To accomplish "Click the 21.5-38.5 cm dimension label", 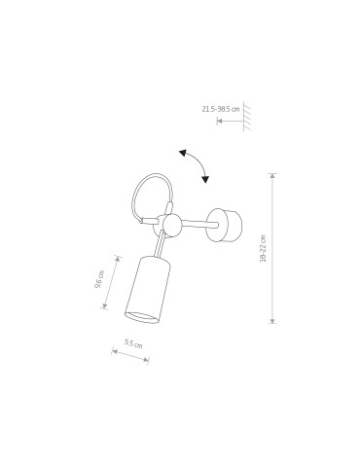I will coord(221,109).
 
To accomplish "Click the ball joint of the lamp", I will coord(172,227).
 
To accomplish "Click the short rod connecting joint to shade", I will coord(162,245).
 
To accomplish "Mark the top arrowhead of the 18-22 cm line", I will coord(273,177).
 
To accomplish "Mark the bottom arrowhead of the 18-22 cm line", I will coord(273,320).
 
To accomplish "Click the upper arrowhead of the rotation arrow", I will coord(182,152).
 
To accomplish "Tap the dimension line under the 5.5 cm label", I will coord(130,355).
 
